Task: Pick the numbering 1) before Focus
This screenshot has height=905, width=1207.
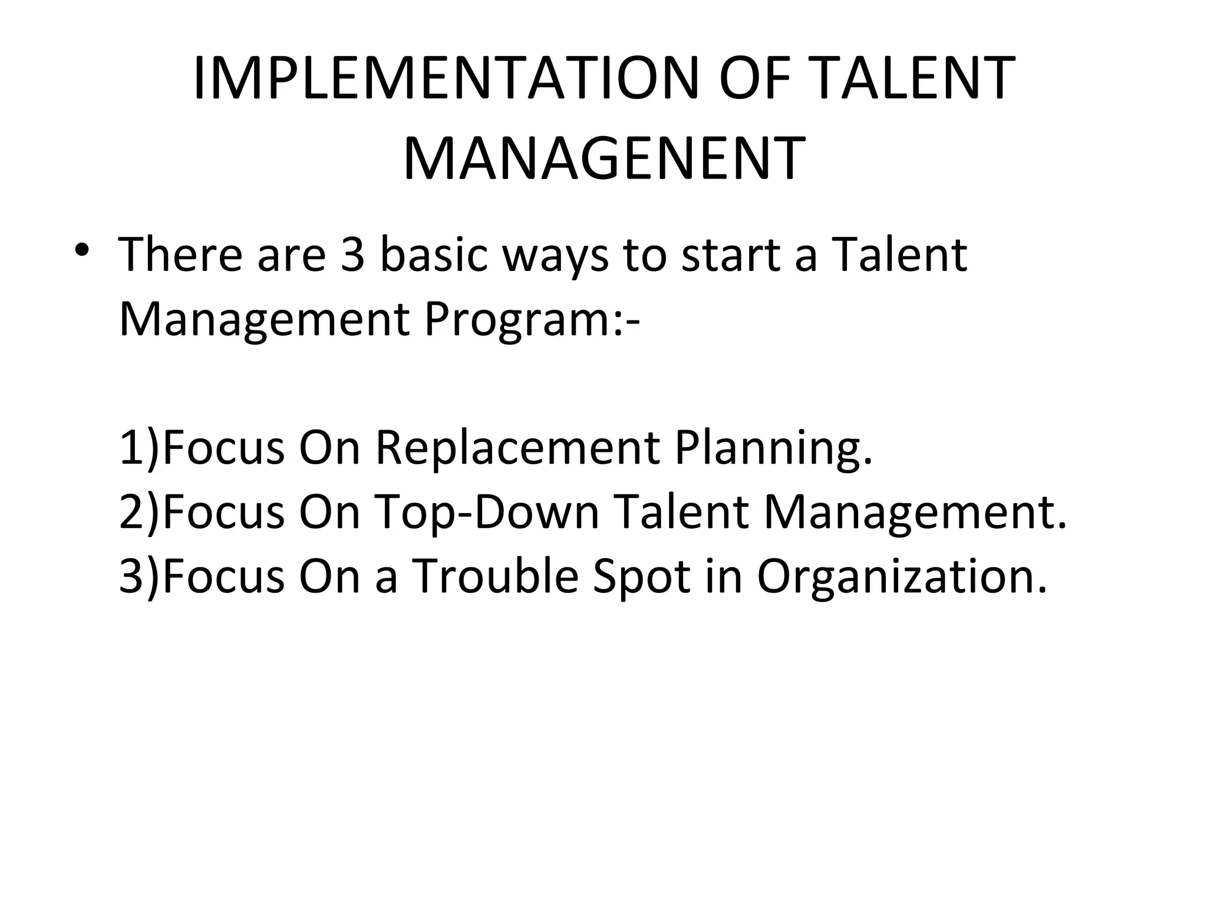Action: tap(139, 448)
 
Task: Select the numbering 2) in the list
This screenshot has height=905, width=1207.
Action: tap(139, 512)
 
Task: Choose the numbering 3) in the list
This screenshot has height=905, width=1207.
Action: tap(139, 576)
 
